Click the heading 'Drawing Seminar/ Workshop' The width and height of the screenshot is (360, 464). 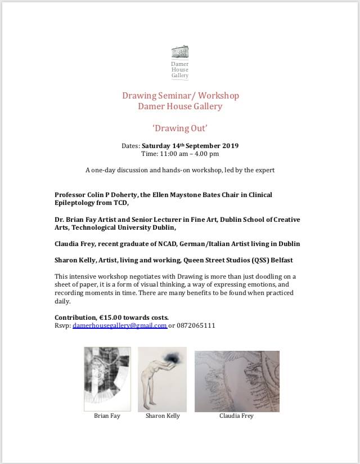click(180, 95)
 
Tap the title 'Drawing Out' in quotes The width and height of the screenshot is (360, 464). click(180, 128)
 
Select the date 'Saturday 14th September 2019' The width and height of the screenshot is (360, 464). click(190, 146)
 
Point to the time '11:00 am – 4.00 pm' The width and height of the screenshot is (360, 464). click(188, 154)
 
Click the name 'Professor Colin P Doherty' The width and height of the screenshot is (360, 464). click(99, 195)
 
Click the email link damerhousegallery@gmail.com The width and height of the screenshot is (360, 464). click(119, 325)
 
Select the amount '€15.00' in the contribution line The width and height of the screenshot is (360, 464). click(112, 318)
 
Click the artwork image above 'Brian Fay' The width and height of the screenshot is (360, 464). click(107, 379)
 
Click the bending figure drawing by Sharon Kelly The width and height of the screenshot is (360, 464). click(162, 379)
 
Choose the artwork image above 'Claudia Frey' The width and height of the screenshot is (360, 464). click(237, 381)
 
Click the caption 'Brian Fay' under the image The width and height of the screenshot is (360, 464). click(107, 416)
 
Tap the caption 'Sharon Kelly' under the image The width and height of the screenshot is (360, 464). click(163, 416)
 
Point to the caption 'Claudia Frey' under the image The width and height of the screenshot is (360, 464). click(236, 416)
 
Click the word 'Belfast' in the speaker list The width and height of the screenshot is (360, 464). click(279, 260)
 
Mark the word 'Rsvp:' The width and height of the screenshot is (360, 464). click(62, 325)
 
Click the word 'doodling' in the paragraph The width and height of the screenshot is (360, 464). click(242, 276)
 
